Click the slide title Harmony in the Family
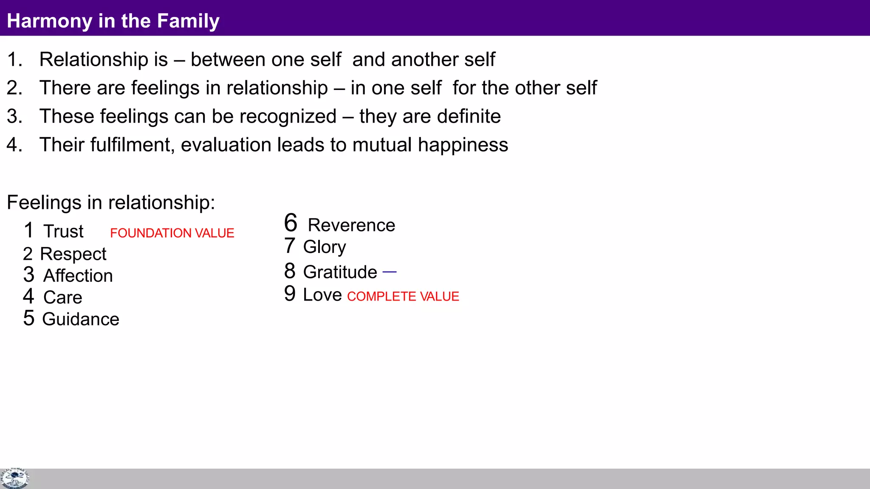pyautogui.click(x=113, y=21)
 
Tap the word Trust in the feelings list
pyautogui.click(x=64, y=231)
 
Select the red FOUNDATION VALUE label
pyautogui.click(x=172, y=233)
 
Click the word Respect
pyautogui.click(x=73, y=254)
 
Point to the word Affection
pyautogui.click(x=78, y=276)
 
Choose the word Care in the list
pyautogui.click(x=63, y=298)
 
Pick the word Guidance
pyautogui.click(x=81, y=319)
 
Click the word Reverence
pyautogui.click(x=351, y=225)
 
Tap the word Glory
pyautogui.click(x=325, y=247)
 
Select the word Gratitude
pyautogui.click(x=340, y=272)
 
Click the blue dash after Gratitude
pyautogui.click(x=390, y=272)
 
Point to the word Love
pyautogui.click(x=322, y=295)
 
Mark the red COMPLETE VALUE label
pyautogui.click(x=403, y=296)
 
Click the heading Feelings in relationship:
pyautogui.click(x=111, y=202)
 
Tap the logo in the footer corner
pyautogui.click(x=14, y=478)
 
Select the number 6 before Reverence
pyautogui.click(x=291, y=223)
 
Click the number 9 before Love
pyautogui.click(x=290, y=294)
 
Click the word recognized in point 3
pyautogui.click(x=288, y=117)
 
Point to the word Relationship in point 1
pyautogui.click(x=93, y=59)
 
